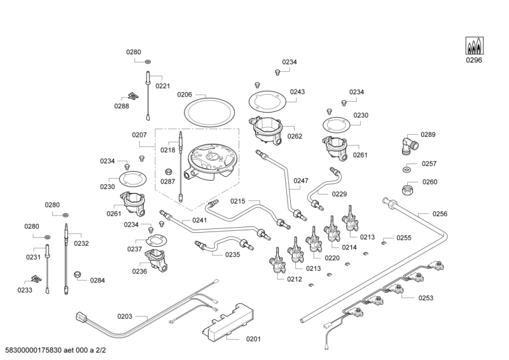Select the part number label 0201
click(253, 338)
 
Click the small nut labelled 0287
click(169, 171)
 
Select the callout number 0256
click(440, 214)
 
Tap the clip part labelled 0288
click(133, 95)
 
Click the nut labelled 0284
click(78, 274)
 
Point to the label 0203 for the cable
click(125, 316)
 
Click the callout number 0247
click(301, 181)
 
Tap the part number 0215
click(238, 201)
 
